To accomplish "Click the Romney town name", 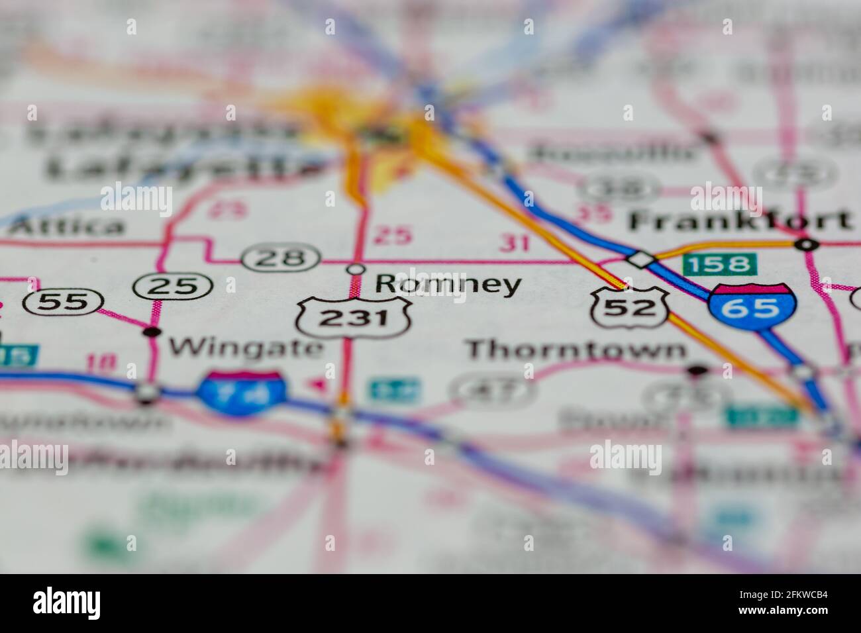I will tap(448, 285).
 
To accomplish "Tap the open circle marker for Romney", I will tap(356, 269).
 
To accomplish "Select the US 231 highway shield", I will tap(354, 317).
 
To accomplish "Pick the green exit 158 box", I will tap(719, 264).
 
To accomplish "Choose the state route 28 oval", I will tap(281, 256).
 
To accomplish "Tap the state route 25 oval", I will tap(173, 285).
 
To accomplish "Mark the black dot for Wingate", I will tap(152, 331).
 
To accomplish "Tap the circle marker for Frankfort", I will tap(806, 244).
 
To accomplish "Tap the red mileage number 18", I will tap(101, 362).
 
